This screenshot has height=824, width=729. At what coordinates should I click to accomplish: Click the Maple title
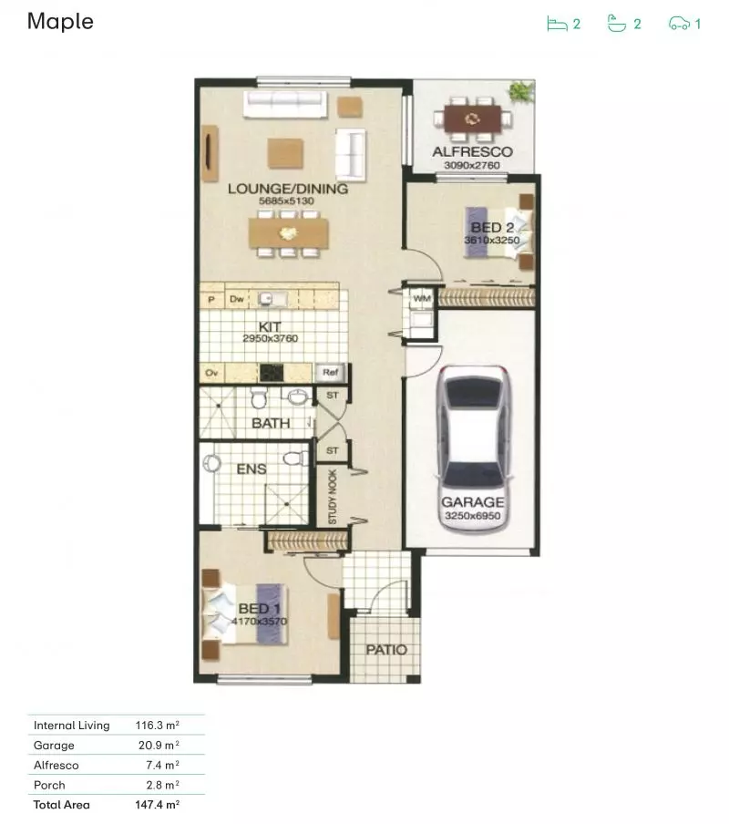point(60,22)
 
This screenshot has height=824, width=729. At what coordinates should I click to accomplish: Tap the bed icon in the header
point(556,24)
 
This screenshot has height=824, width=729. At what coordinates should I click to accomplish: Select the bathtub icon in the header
point(617,24)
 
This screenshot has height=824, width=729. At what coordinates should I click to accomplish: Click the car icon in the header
point(679,24)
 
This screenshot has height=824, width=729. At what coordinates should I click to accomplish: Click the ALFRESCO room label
point(471,152)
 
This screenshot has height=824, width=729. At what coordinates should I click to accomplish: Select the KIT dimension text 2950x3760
point(271,338)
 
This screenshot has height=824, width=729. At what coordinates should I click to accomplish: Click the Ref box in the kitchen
point(328,372)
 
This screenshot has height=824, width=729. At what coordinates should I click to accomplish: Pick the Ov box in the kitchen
point(211,372)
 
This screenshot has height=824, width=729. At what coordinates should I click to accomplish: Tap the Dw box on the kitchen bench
point(236,298)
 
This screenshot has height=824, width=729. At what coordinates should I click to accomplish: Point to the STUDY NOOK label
point(333,498)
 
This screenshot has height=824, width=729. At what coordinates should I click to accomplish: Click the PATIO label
point(386,650)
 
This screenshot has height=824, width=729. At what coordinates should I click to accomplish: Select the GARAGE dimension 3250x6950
point(472,516)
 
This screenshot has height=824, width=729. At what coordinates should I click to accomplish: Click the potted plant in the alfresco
point(521,91)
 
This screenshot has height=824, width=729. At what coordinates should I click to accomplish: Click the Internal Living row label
point(71,726)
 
